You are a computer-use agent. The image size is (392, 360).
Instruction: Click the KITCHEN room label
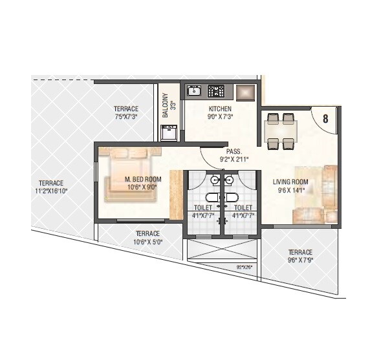[x=220, y=109]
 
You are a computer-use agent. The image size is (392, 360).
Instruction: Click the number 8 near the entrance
[x=325, y=118]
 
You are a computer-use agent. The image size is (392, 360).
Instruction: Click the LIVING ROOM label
[x=290, y=182]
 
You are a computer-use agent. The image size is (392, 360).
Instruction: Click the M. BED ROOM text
[x=143, y=179]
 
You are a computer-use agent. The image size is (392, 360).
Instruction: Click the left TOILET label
[x=203, y=207]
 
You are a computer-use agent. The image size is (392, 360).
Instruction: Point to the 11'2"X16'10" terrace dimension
[x=52, y=191]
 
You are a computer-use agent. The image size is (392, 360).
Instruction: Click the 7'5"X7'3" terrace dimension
[x=127, y=117]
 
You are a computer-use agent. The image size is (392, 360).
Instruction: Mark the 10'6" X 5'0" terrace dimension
[x=148, y=242]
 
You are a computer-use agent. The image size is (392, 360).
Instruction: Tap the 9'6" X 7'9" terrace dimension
[x=300, y=260]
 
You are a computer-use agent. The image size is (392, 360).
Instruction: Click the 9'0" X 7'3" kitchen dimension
[x=221, y=118]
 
